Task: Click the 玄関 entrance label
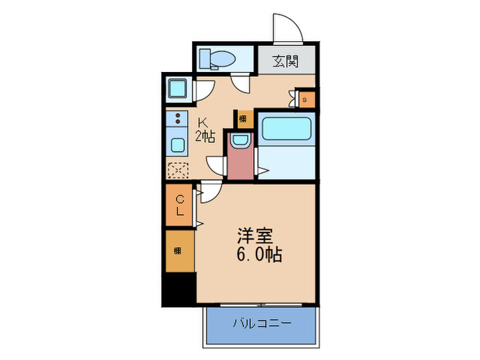287,62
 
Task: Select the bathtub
287,128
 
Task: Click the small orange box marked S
306,99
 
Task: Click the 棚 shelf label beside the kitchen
243,118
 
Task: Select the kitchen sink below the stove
178,145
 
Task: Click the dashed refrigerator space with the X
178,169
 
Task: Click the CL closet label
180,206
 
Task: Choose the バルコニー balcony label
261,322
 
